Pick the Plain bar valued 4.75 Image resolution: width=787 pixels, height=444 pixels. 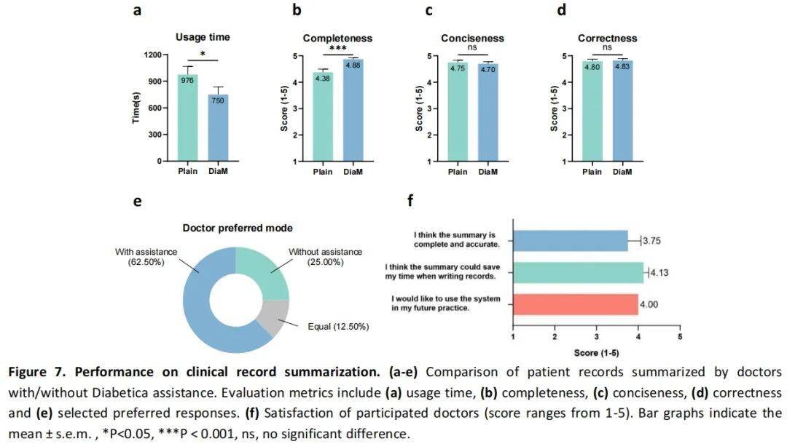point(457,116)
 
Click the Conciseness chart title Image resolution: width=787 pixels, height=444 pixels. point(472,38)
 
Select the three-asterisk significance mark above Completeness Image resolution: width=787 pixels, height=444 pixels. point(337,48)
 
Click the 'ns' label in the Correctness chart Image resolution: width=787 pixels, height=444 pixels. point(607,48)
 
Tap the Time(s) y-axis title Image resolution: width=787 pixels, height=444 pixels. point(136,108)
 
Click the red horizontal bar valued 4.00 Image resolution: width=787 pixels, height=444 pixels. point(575,304)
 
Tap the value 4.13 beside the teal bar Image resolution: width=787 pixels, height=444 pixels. point(660,272)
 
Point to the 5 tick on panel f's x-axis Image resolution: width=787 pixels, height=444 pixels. point(679,338)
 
